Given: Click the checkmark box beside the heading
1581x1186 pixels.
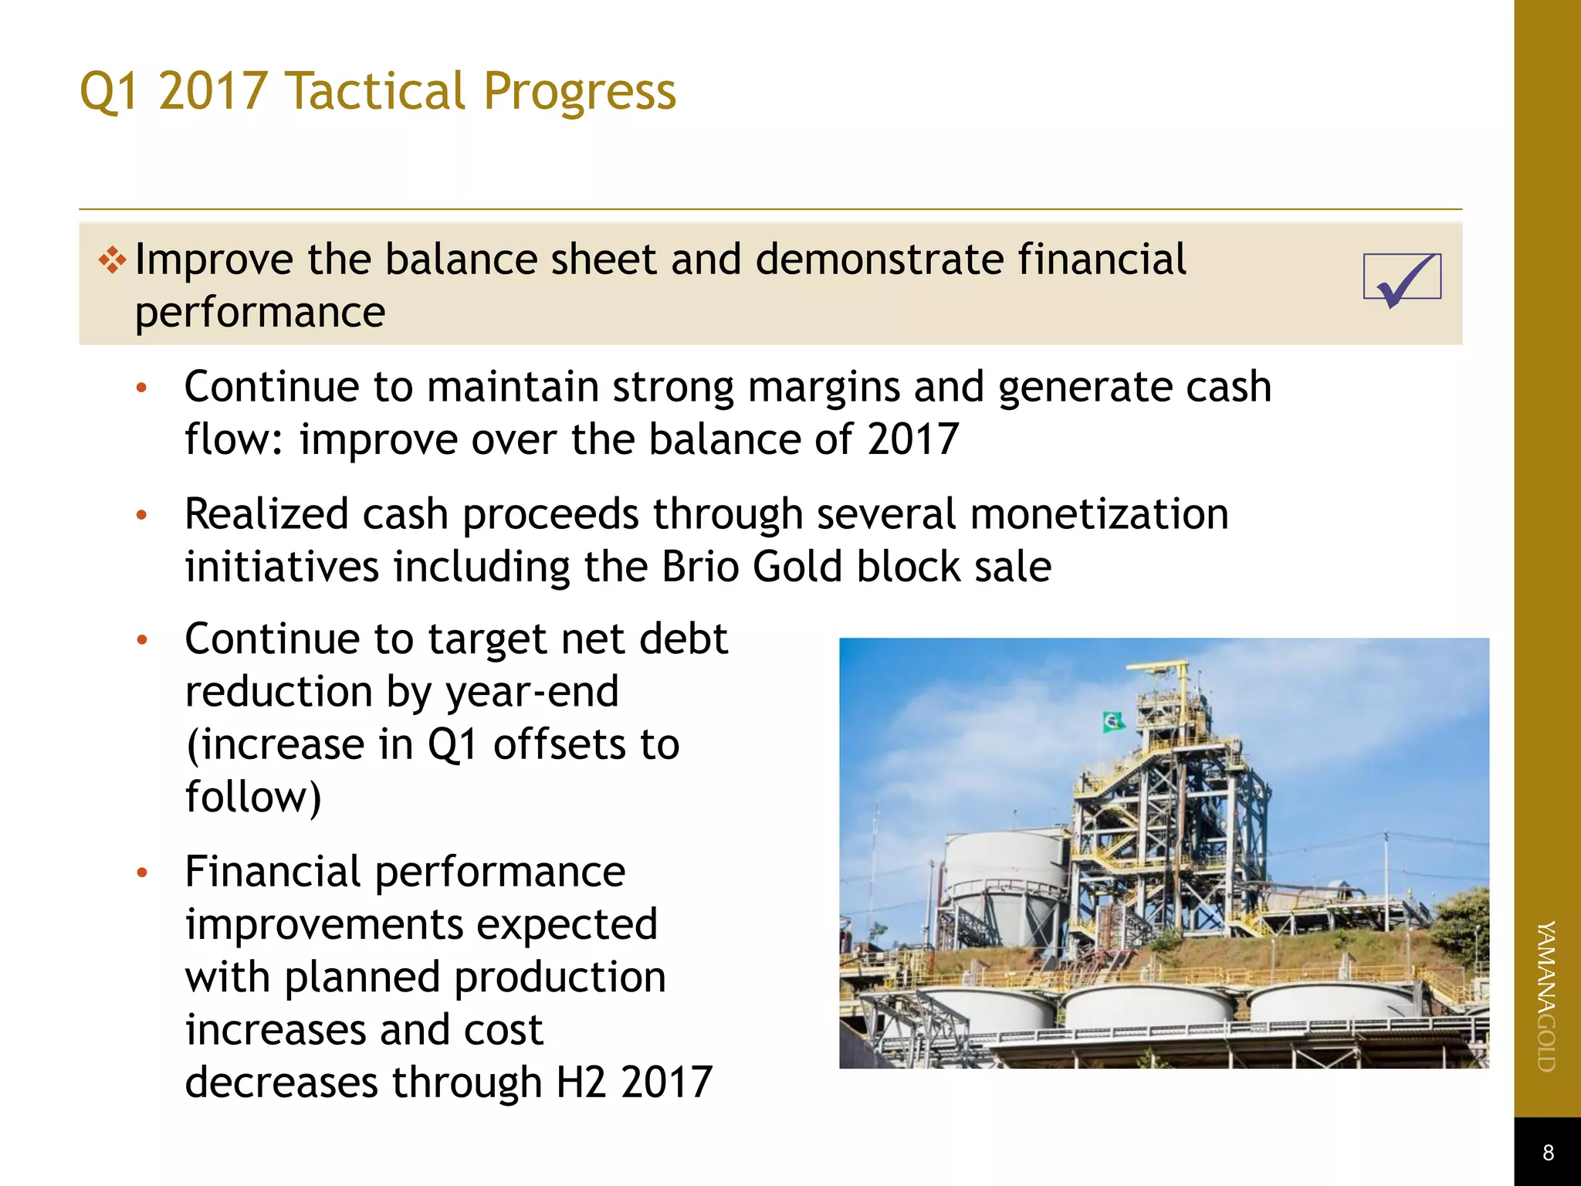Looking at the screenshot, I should pyautogui.click(x=1402, y=278).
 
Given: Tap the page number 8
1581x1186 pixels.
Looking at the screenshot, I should pyautogui.click(x=1547, y=1153).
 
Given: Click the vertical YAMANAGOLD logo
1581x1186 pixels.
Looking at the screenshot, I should pyautogui.click(x=1546, y=996).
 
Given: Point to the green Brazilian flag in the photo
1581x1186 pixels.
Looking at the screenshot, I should pyautogui.click(x=1112, y=723).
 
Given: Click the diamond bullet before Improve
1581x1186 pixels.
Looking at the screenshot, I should pyautogui.click(x=113, y=259).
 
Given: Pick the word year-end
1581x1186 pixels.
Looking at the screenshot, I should pyautogui.click(x=532, y=692).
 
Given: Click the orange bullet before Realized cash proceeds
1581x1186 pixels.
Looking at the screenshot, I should pyautogui.click(x=141, y=515).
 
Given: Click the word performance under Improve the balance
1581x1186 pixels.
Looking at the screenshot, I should pyautogui.click(x=260, y=313).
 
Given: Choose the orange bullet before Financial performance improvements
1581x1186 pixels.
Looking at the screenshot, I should pyautogui.click(x=141, y=873).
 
